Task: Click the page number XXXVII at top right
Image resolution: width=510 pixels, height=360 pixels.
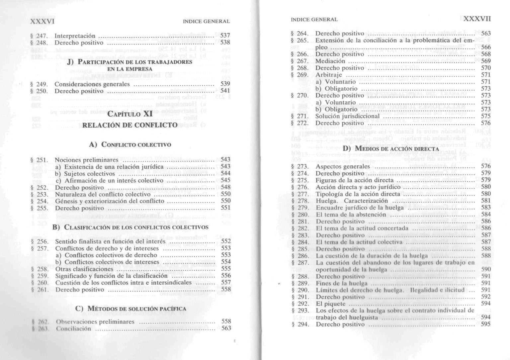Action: click(477, 19)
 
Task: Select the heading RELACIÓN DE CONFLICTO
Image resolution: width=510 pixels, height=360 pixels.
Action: click(129, 125)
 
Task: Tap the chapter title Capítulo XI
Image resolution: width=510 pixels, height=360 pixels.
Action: click(130, 114)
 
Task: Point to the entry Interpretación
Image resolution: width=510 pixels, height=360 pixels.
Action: click(75, 36)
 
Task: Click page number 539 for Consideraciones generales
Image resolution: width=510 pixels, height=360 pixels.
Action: click(225, 84)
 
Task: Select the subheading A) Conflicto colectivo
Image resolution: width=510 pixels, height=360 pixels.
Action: click(130, 145)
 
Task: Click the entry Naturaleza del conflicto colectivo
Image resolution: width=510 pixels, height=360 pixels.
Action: click(103, 194)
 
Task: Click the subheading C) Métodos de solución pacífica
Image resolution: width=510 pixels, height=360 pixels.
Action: click(131, 309)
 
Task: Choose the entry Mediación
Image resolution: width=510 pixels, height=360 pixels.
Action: click(330, 61)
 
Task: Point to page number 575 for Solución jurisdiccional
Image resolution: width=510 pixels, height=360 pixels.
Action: click(485, 116)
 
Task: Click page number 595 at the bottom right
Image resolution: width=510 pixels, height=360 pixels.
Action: click(485, 324)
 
